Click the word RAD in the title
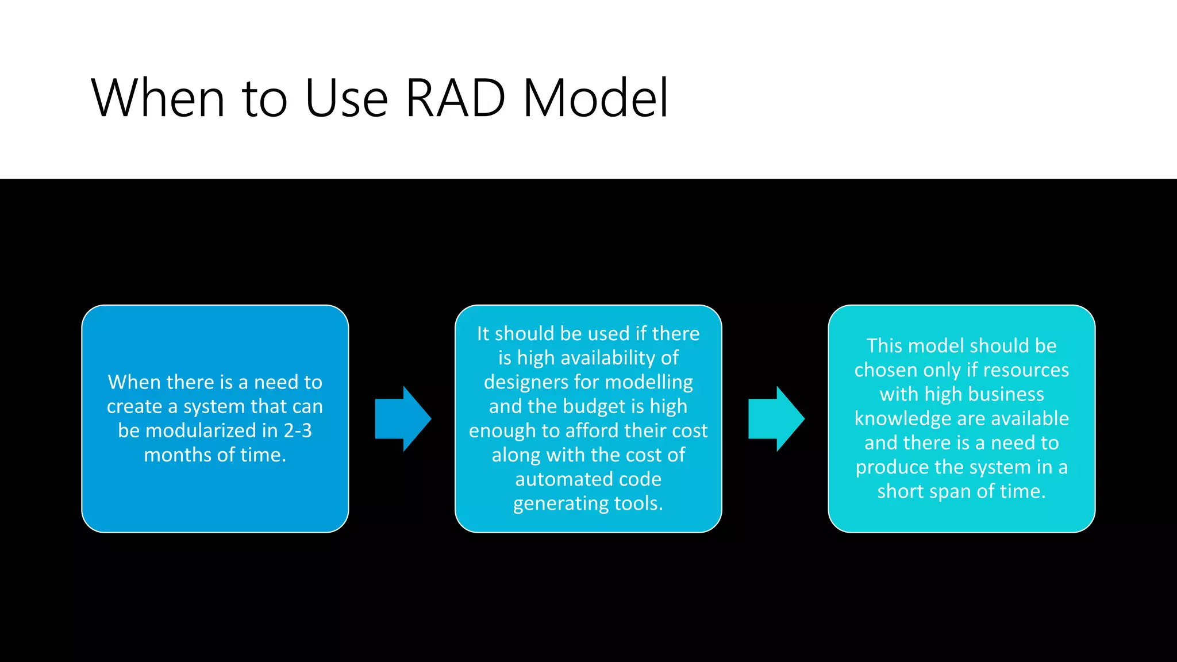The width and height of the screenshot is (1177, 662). pyautogui.click(x=455, y=98)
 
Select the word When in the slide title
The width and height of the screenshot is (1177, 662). pyautogui.click(x=157, y=98)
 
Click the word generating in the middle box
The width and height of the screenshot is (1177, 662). pyautogui.click(x=561, y=503)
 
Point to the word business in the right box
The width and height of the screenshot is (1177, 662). pyautogui.click(x=1005, y=394)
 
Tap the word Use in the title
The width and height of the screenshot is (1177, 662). pyautogui.click(x=347, y=98)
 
